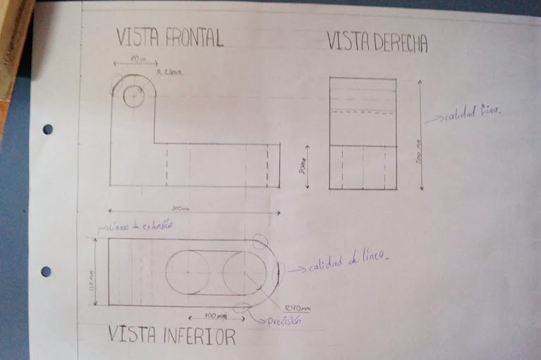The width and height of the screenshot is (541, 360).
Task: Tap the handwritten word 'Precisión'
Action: coord(284,321)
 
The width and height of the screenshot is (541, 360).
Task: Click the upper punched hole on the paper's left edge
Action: coord(47,129)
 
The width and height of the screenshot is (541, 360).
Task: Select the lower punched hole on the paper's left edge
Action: coord(46,271)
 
